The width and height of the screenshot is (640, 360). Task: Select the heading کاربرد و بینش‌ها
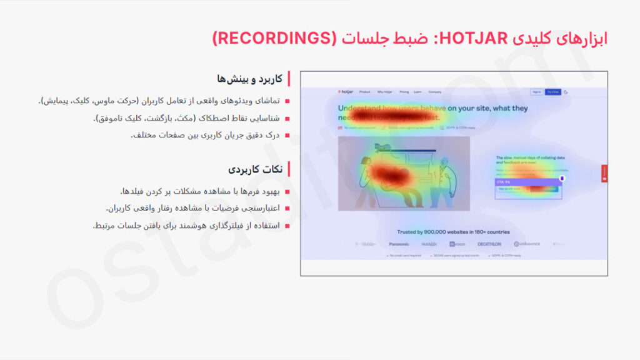click(249, 79)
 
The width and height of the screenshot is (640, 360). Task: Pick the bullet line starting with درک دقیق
click(206, 135)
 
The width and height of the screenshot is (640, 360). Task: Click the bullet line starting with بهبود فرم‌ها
click(201, 191)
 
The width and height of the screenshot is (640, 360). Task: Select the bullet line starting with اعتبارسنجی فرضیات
click(194, 208)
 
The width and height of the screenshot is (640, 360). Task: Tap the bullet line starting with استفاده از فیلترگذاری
click(187, 226)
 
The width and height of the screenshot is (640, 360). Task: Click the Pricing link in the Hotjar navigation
click(404, 92)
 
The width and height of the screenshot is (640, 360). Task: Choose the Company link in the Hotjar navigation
click(435, 92)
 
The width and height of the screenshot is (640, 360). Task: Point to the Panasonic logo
click(399, 244)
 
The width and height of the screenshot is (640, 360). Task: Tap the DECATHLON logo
click(489, 244)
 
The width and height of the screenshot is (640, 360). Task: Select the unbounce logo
click(526, 244)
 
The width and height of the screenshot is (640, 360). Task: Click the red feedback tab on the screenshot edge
click(604, 172)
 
